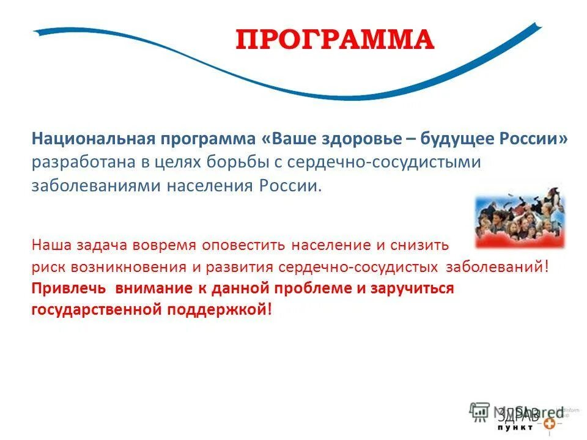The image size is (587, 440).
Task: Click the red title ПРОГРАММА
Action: (x=334, y=40)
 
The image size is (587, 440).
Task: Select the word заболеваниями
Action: (x=95, y=186)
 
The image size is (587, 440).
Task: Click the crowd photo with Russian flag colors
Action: (x=520, y=219)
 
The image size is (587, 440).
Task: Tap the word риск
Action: (x=46, y=267)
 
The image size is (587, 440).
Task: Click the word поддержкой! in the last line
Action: (x=218, y=310)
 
